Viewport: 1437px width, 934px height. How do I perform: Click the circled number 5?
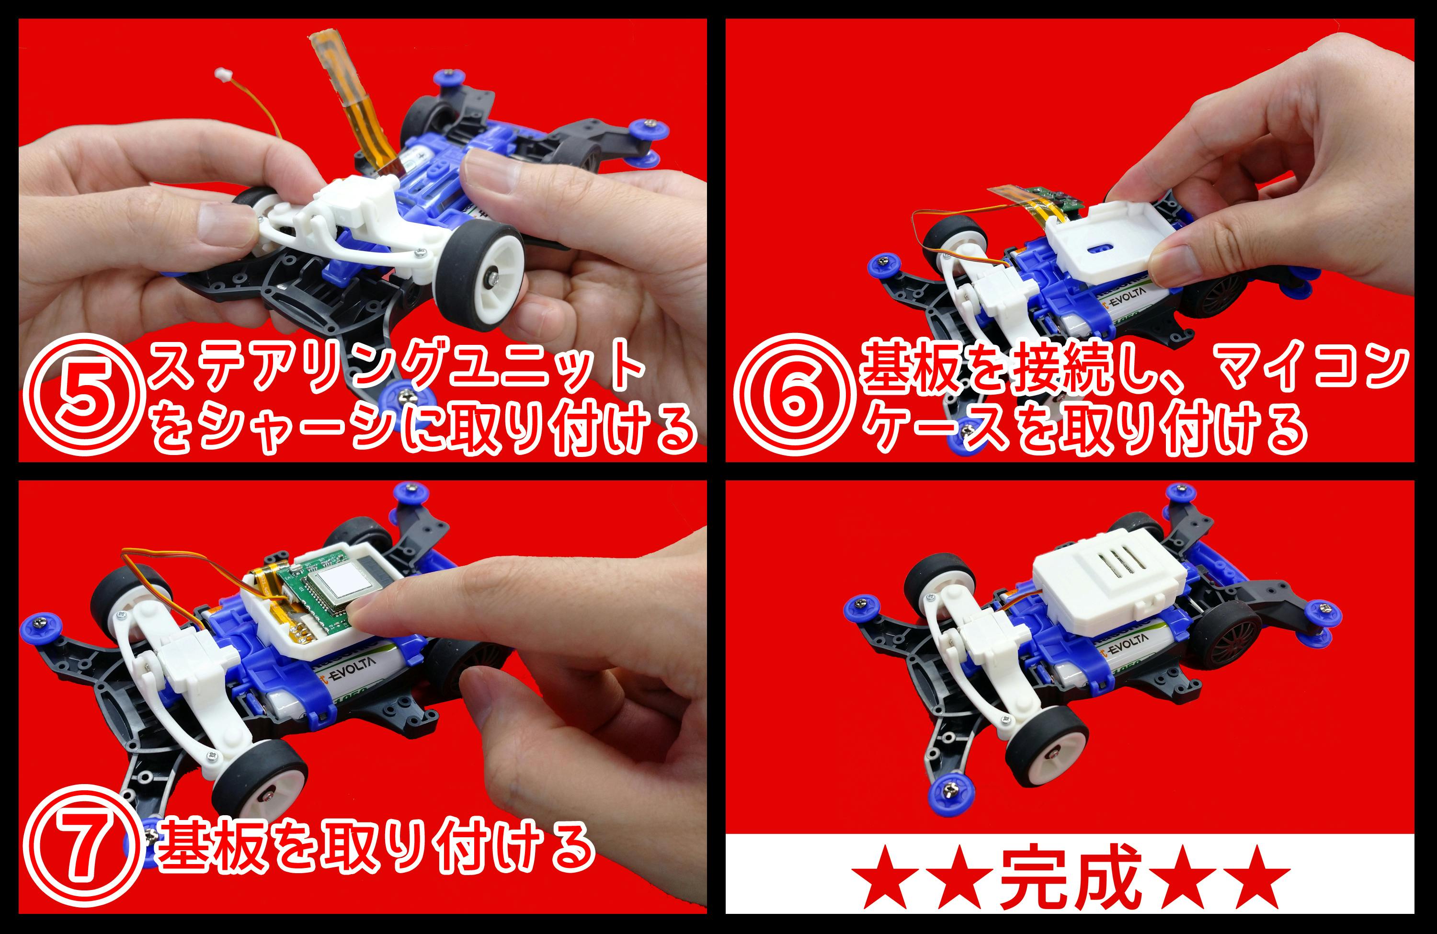pyautogui.click(x=84, y=394)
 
